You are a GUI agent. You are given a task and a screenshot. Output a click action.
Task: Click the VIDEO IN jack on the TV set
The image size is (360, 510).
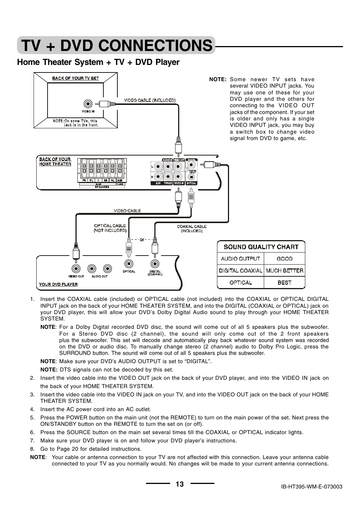click(x=88, y=104)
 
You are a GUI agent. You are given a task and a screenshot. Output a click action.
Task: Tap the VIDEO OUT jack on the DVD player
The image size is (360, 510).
click(x=76, y=268)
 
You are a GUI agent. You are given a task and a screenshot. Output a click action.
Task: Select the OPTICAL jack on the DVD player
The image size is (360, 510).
click(x=129, y=264)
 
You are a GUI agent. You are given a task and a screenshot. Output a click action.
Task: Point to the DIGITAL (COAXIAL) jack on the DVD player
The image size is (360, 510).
click(x=154, y=264)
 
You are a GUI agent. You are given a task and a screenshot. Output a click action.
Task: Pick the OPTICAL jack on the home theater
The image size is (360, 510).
click(x=192, y=176)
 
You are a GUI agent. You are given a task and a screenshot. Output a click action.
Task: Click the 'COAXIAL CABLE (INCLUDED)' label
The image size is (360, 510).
click(x=192, y=228)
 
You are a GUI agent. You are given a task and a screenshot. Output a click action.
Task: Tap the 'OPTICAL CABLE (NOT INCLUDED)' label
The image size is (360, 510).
click(x=110, y=228)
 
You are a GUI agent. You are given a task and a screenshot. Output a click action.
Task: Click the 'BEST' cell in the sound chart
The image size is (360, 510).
click(x=284, y=282)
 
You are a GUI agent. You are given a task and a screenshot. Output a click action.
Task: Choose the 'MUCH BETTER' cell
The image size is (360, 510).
click(x=284, y=270)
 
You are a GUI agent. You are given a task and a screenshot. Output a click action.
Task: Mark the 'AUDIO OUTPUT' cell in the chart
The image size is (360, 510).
click(x=240, y=259)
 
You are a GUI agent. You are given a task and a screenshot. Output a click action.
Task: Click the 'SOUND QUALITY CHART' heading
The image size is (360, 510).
click(x=261, y=247)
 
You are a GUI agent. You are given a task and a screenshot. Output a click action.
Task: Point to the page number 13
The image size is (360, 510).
click(x=180, y=484)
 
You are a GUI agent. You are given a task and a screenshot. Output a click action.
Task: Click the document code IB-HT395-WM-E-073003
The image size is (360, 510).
click(x=311, y=487)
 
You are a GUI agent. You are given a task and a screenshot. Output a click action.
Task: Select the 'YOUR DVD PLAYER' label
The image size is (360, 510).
click(x=58, y=284)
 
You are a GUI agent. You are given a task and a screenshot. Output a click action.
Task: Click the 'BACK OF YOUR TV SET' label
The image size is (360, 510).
click(x=75, y=78)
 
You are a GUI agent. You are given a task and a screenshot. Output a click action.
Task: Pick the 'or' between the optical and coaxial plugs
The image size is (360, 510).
click(x=142, y=239)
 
